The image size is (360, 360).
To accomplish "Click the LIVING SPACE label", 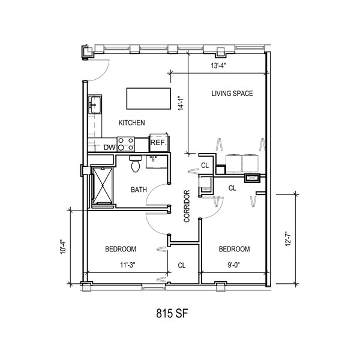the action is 232,94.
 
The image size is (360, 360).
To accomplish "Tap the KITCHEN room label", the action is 131,123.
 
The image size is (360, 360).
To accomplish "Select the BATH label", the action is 139,190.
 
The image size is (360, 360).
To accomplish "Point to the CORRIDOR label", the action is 187,206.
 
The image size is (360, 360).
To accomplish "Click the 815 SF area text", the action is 172,313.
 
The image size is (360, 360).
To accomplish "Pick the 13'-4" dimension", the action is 218,66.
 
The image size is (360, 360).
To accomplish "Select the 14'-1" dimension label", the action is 182,103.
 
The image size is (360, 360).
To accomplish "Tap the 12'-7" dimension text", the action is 288,239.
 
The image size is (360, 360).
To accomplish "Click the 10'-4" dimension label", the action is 63,247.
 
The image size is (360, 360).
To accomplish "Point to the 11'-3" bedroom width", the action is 128,265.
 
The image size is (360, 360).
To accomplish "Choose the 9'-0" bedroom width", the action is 234,265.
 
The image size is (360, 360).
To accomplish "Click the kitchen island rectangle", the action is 149,98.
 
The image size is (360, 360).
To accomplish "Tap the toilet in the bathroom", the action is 136,163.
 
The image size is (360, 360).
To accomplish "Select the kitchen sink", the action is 95,104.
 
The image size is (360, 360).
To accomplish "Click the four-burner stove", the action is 126,144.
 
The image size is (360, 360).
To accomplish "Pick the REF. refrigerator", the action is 159,143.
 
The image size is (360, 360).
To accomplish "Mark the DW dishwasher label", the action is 109,148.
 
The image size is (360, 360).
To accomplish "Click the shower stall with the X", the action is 103,186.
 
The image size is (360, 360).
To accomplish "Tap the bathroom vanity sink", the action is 157,161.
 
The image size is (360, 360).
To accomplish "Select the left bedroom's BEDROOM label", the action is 121,249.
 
